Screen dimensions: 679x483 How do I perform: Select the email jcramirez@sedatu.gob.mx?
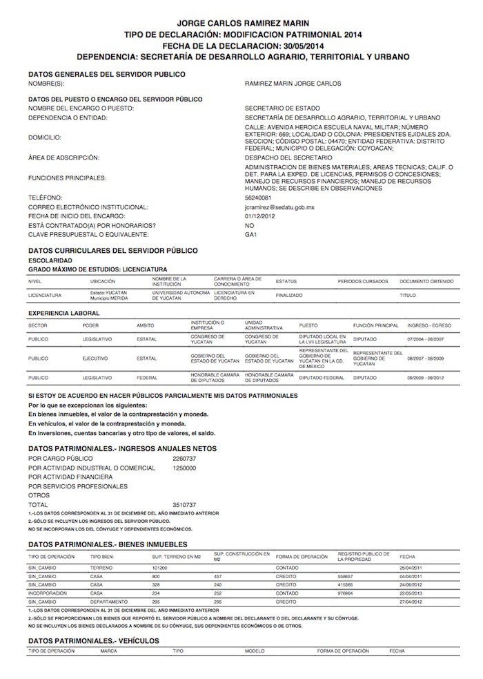tap(279, 207)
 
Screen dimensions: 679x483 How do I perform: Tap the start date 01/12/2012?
tap(259, 216)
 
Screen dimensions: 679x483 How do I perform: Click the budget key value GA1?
tap(250, 234)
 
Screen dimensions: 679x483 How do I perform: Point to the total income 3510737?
tap(184, 505)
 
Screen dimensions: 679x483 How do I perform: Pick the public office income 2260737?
tap(184, 458)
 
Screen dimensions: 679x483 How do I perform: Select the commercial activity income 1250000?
tap(184, 468)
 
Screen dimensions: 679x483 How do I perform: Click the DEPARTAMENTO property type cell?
tap(106, 601)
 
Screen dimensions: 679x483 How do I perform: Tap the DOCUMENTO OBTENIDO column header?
tap(426, 282)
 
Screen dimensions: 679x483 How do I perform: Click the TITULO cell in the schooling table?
tap(407, 295)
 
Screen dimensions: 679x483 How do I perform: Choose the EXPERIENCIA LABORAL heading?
tap(62, 313)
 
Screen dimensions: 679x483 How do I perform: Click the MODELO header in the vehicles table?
tap(255, 651)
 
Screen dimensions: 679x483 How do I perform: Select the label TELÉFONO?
tap(46, 198)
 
